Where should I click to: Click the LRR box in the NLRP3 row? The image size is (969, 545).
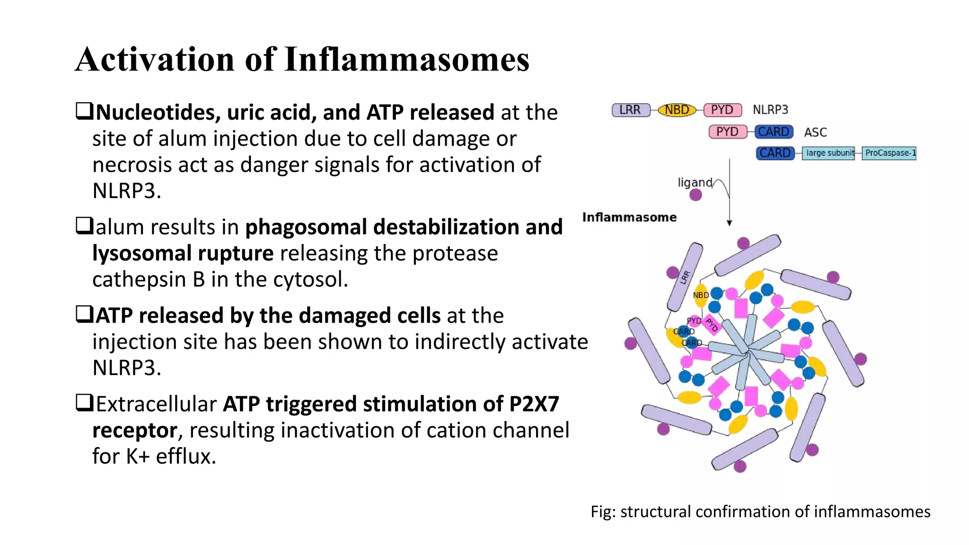[x=630, y=110]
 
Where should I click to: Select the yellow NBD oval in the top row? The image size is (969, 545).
[x=677, y=110]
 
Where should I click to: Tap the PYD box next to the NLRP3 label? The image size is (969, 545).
[x=722, y=110]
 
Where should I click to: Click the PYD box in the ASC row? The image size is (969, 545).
[x=727, y=132]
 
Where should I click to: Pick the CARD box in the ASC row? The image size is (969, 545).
[x=774, y=132]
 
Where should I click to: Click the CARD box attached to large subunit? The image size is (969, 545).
[x=775, y=153]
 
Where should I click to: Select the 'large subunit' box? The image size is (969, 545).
[x=828, y=153]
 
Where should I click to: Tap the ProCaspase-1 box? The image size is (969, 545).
[x=889, y=153]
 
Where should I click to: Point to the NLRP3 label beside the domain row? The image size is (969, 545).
[x=770, y=110]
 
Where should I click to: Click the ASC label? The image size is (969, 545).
[x=815, y=132]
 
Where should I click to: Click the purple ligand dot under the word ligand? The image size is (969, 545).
[x=696, y=195]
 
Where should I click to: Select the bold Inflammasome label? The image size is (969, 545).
[x=629, y=217]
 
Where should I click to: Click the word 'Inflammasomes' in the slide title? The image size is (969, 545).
[x=407, y=60]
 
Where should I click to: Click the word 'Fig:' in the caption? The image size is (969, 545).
[x=603, y=512]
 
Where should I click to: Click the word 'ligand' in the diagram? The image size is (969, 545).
[x=695, y=183]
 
